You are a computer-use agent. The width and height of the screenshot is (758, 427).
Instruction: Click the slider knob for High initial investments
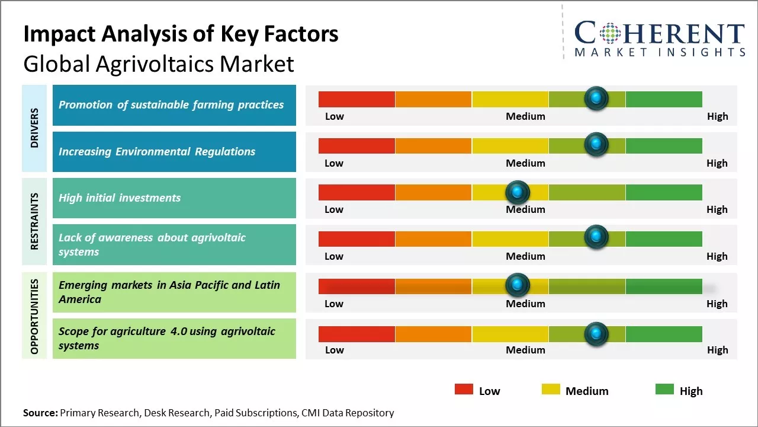tap(518, 192)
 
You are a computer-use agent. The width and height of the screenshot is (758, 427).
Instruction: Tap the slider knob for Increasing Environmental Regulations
tap(596, 144)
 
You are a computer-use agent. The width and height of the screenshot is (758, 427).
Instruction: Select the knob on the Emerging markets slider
tap(518, 285)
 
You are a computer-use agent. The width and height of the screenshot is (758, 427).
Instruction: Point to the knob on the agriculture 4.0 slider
tap(596, 333)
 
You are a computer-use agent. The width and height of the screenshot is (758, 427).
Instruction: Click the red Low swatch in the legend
tap(464, 389)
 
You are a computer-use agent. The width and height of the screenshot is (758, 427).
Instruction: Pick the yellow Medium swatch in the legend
tap(551, 389)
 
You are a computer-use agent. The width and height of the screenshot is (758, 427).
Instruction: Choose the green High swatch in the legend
tap(664, 389)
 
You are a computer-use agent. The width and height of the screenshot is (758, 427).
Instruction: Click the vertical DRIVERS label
tap(34, 128)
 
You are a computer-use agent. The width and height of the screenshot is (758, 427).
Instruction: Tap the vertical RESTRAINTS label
tap(34, 221)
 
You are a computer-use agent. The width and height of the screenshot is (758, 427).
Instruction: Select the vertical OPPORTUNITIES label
tap(34, 316)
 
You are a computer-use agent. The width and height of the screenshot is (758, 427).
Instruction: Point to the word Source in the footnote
tap(40, 413)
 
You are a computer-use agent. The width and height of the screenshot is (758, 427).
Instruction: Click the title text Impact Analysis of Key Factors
tap(181, 34)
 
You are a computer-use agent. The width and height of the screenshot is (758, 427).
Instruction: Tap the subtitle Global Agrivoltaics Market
tap(159, 63)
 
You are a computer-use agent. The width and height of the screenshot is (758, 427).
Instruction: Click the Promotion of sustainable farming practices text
tap(171, 105)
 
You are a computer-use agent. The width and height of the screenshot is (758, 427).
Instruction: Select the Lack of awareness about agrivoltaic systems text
tap(152, 244)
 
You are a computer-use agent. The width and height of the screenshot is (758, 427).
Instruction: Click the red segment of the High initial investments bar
tap(356, 192)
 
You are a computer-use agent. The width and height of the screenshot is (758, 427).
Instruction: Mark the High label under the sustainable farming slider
tap(717, 116)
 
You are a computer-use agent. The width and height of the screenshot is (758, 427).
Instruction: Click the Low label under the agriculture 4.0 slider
tap(334, 350)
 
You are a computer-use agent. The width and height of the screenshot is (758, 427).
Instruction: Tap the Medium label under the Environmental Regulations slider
tap(525, 163)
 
